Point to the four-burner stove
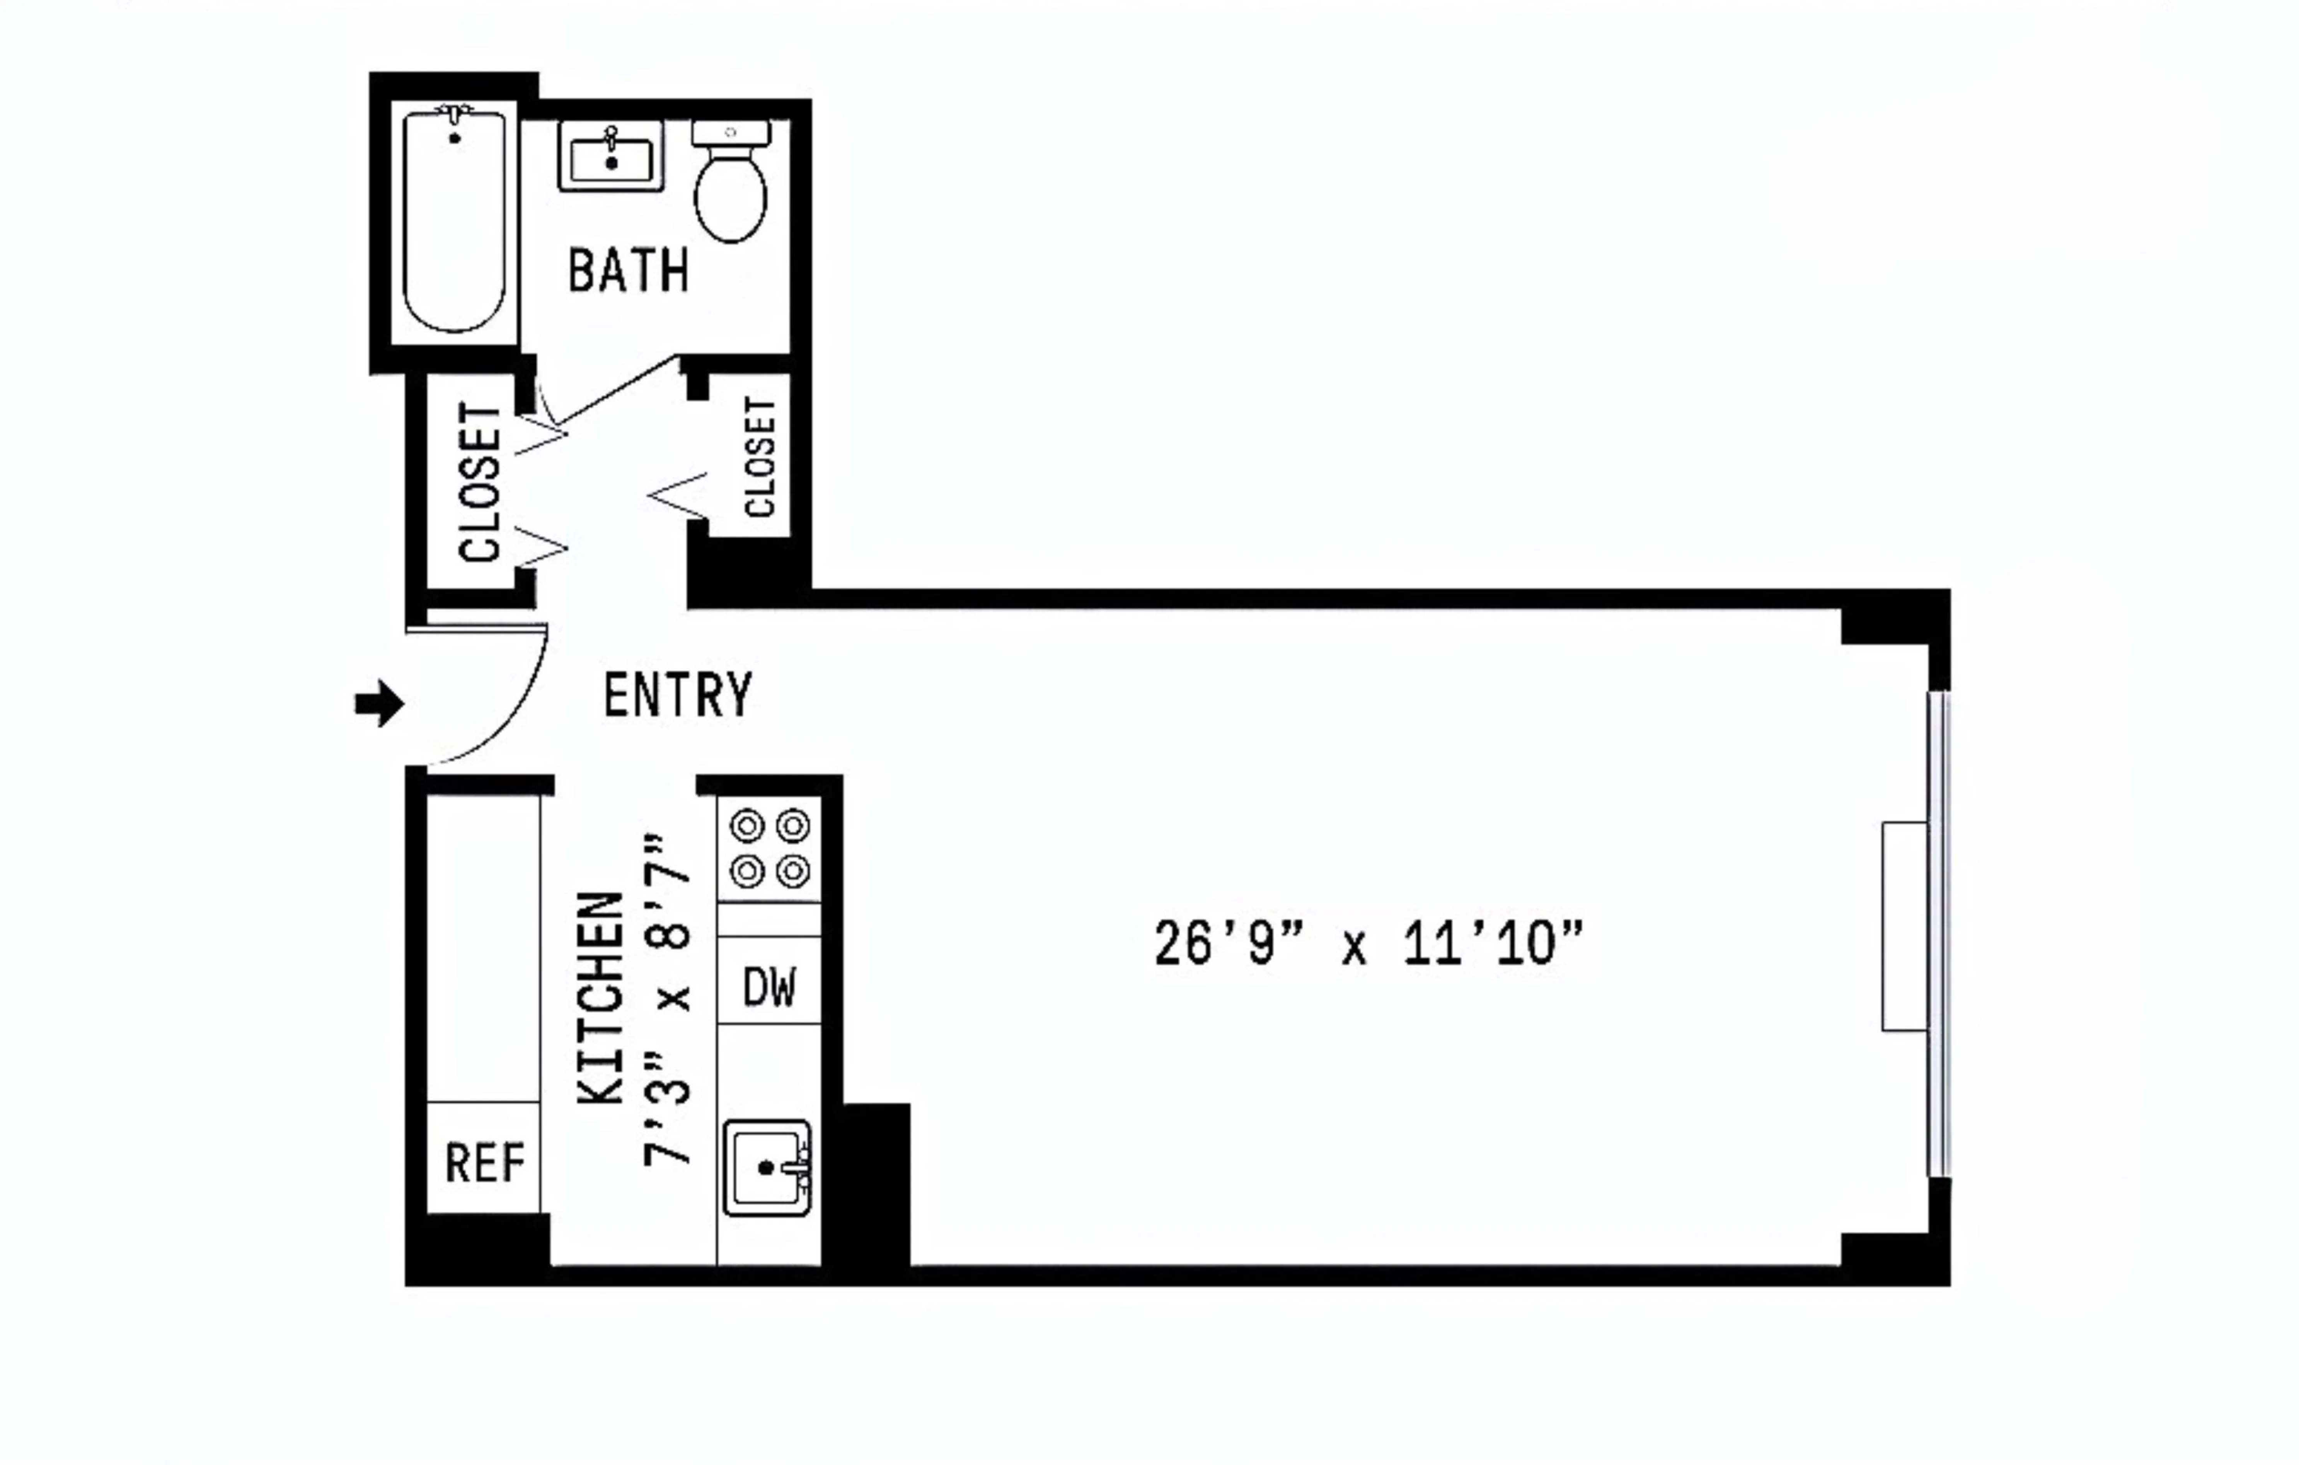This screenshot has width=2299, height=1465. pos(770,848)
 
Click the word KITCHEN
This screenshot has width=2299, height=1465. pos(602,998)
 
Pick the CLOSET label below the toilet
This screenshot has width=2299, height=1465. pos(759,457)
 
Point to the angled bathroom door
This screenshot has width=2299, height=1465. pos(616,390)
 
